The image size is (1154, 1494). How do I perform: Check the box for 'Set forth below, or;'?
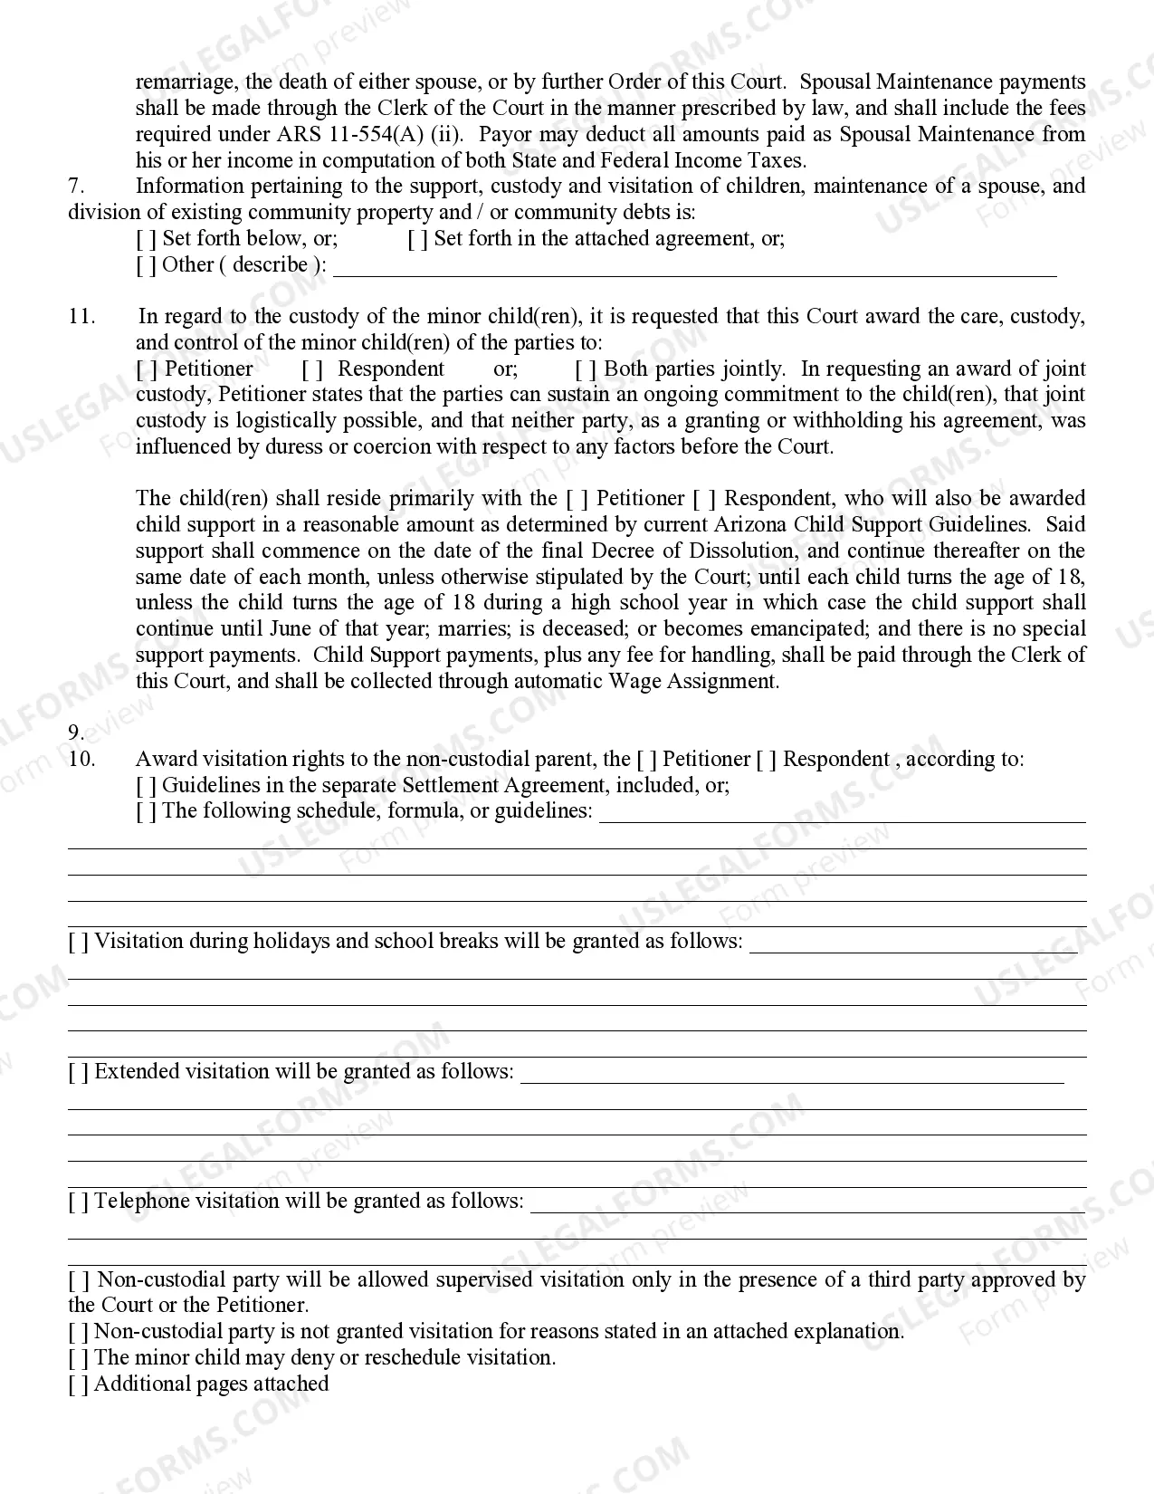146,239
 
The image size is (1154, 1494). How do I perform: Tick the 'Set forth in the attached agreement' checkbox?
417,239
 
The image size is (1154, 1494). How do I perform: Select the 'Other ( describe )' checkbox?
146,265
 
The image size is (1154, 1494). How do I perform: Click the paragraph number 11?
81,317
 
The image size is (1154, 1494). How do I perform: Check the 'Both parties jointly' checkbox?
586,369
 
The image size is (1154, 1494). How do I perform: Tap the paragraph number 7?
76,187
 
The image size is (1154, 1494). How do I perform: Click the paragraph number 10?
81,760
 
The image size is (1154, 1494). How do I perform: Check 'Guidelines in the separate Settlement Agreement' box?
146,786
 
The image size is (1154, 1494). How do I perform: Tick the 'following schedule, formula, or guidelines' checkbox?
146,811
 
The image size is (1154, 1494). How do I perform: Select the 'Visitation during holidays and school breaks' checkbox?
79,942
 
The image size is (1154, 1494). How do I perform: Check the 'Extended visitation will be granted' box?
79,1072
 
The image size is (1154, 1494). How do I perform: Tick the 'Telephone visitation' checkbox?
79,1202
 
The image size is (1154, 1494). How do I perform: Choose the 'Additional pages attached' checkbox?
79,1384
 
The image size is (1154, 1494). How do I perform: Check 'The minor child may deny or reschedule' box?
79,1358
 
